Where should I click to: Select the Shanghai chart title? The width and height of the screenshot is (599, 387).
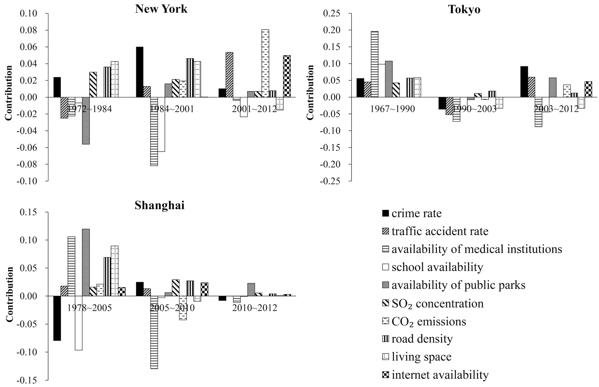click(x=159, y=205)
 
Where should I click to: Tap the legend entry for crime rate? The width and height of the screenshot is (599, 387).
click(x=416, y=213)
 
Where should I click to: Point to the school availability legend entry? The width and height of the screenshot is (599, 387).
click(x=437, y=267)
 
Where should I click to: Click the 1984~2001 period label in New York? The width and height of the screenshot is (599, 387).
click(x=172, y=109)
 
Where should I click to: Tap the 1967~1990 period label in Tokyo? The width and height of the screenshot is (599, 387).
click(x=393, y=109)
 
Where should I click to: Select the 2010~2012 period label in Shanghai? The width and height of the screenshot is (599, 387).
click(x=254, y=308)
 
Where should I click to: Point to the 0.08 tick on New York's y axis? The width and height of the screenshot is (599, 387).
click(x=28, y=30)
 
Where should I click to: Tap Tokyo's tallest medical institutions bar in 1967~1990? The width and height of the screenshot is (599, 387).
click(x=375, y=64)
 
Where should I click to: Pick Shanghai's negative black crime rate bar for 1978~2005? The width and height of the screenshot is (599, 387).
click(x=57, y=318)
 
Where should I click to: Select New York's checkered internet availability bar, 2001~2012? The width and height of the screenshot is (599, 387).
click(x=287, y=76)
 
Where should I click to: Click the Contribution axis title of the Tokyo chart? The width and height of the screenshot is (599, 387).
click(x=310, y=92)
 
